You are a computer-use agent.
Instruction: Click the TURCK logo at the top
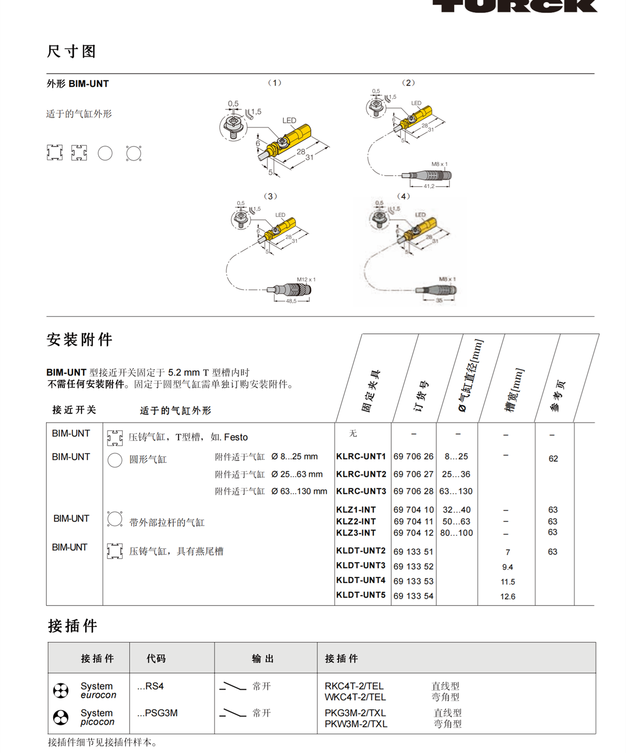tap(515, 6)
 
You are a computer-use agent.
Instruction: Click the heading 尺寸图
tap(71, 51)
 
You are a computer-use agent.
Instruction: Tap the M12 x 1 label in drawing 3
tap(306, 279)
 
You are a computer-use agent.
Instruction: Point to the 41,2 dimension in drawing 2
tap(429, 186)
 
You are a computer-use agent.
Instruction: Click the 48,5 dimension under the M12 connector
tap(291, 301)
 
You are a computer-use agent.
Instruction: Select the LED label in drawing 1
tap(289, 120)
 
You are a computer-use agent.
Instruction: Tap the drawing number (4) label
tap(403, 196)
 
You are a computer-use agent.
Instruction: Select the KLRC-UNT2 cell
tap(361, 474)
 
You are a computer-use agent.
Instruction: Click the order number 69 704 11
tap(413, 521)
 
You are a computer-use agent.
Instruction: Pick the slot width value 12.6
tap(508, 596)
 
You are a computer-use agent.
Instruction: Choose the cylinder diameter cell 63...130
tap(456, 491)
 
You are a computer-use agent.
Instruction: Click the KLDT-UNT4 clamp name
tap(361, 580)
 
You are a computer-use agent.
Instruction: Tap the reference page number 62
tap(553, 459)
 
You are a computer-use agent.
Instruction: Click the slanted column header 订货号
tap(420, 395)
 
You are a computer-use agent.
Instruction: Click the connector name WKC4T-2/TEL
tap(355, 697)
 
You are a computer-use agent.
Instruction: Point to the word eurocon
tap(98, 695)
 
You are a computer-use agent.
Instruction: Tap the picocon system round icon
tap(61, 717)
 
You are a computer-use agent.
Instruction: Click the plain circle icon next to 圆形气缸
tap(115, 460)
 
